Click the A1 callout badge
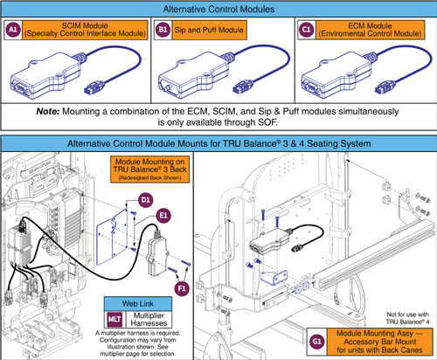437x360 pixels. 14,31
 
